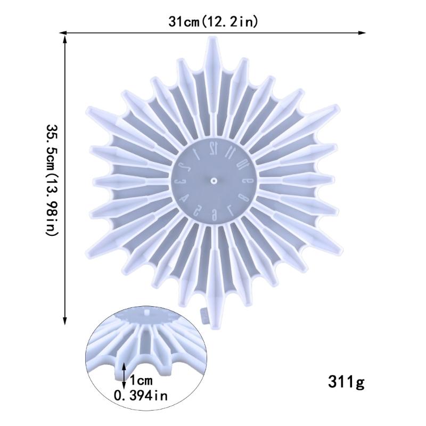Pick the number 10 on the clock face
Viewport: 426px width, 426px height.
coord(242,164)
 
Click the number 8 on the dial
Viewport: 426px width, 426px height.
coord(243,198)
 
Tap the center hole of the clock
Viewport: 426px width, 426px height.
coord(213,181)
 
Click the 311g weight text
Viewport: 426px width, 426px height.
coord(346,382)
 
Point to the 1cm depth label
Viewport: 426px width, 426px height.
coord(140,381)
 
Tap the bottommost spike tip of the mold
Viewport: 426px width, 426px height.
coord(214,326)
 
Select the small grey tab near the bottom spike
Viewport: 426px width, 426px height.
coord(203,315)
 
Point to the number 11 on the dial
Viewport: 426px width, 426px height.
coord(231,151)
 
